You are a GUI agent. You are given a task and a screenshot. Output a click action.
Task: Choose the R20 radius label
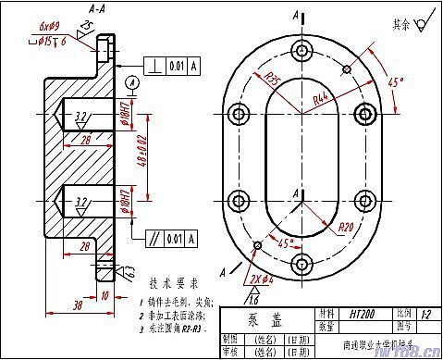[x=346, y=226]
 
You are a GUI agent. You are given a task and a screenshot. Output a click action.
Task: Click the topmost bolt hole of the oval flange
[x=299, y=50]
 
